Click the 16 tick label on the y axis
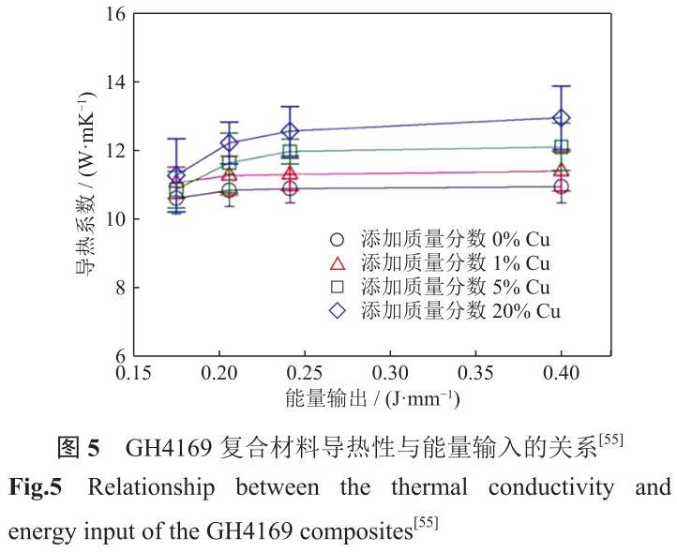pos(114,14)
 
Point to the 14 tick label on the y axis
pos(114,82)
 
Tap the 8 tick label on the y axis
pos(120,288)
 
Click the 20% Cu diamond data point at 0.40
pos(562,118)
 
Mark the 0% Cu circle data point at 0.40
pos(562,187)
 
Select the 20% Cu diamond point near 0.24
pos(290,131)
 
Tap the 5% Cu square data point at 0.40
pos(562,147)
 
